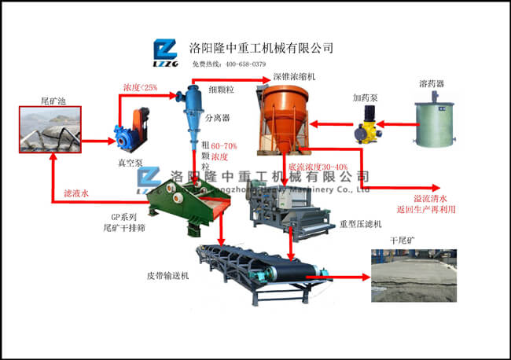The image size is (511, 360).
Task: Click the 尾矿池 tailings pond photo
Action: point(52,129)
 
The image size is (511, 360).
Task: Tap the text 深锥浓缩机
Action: point(294,76)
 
